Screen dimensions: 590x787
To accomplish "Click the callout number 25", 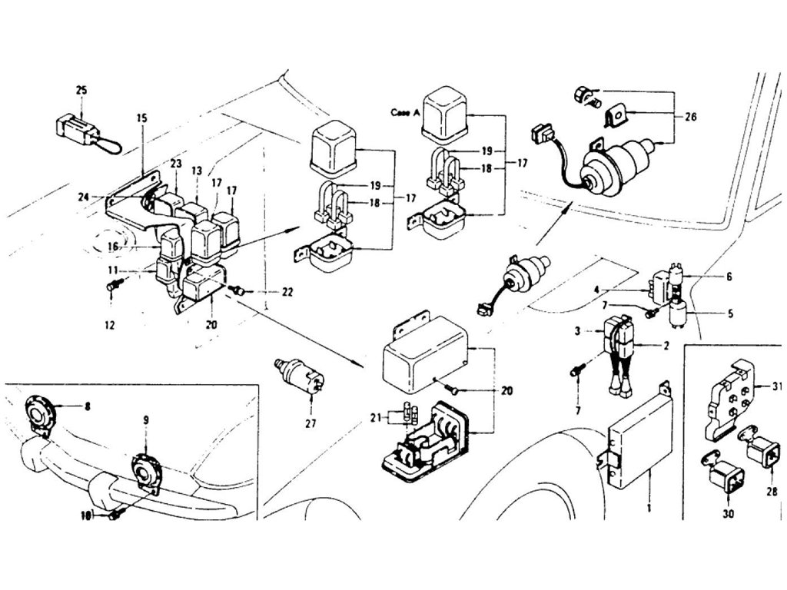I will coord(81,91).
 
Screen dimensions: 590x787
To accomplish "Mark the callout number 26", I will coord(690,118).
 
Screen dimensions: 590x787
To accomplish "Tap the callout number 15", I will coord(141,119).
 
